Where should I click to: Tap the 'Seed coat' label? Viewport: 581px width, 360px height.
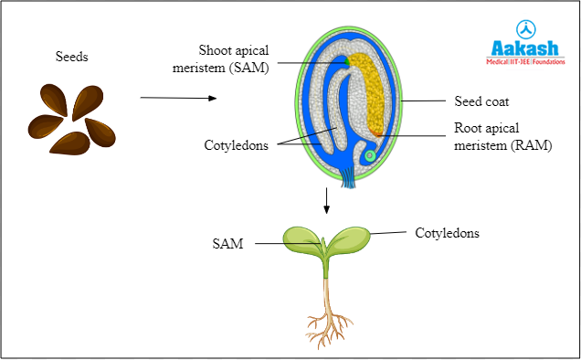pyautogui.click(x=481, y=101)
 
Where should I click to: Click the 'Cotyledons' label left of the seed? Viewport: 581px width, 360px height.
pyautogui.click(x=237, y=145)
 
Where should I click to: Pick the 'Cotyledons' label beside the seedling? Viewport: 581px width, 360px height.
pyautogui.click(x=447, y=233)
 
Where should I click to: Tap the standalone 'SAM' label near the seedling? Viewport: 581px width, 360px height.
pyautogui.click(x=227, y=244)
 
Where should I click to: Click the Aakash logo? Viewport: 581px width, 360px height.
pyautogui.click(x=524, y=45)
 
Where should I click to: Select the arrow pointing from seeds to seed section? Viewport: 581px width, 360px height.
pyautogui.click(x=178, y=97)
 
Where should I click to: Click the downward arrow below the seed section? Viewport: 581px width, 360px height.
pyautogui.click(x=326, y=201)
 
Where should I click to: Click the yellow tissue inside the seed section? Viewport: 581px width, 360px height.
pyautogui.click(x=373, y=91)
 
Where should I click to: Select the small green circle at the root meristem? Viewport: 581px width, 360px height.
pyautogui.click(x=369, y=156)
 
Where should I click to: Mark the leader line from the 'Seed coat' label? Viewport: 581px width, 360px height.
pyautogui.click(x=424, y=101)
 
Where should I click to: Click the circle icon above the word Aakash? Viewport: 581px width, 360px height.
pyautogui.click(x=525, y=27)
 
